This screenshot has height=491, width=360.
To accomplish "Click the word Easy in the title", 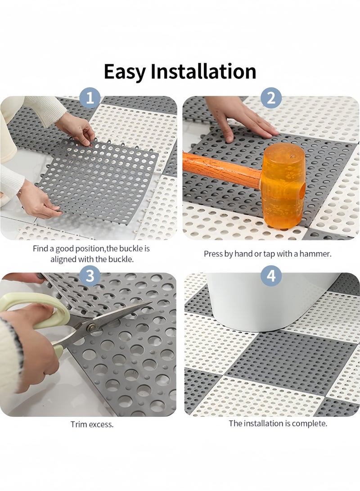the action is [125, 72].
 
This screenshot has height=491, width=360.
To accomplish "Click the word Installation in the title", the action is [203, 71].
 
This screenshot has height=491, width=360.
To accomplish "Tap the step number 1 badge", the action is [90, 98].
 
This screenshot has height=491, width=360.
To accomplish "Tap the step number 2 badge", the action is [271, 98].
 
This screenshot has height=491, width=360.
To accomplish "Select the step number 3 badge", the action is [90, 276].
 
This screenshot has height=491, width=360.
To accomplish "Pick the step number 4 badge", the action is [271, 276].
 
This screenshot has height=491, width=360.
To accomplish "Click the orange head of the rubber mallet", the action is [283, 185].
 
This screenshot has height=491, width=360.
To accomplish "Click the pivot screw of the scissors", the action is [91, 328].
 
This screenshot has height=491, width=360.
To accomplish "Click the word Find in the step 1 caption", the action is [40, 248].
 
